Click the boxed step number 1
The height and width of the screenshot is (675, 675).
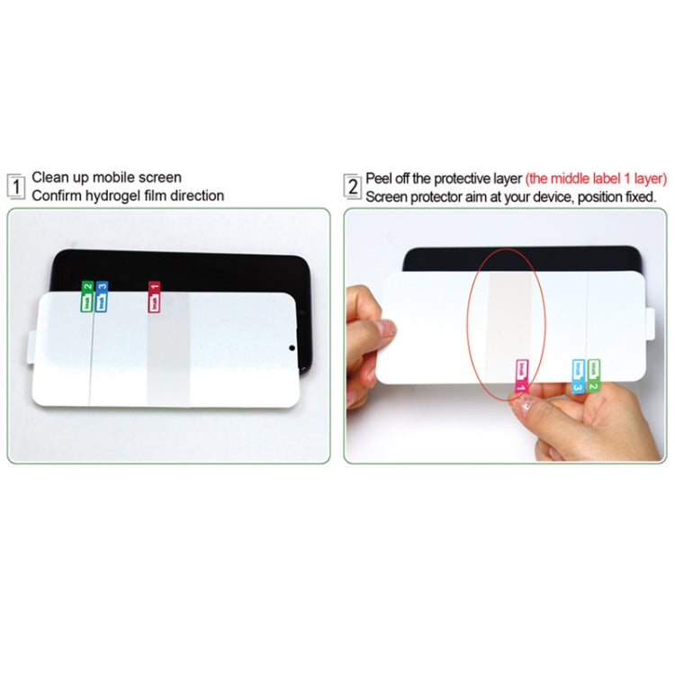(16, 186)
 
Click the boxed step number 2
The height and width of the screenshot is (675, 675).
(353, 186)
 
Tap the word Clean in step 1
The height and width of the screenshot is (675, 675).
(50, 178)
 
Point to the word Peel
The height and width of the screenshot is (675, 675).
(379, 178)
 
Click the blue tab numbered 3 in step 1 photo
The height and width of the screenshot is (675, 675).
(102, 298)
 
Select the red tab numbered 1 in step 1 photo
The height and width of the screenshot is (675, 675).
(154, 297)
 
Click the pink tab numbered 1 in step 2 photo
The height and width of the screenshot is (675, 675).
(521, 374)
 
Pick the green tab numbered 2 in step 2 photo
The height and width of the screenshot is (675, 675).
(595, 373)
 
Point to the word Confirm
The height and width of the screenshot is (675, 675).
(57, 195)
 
